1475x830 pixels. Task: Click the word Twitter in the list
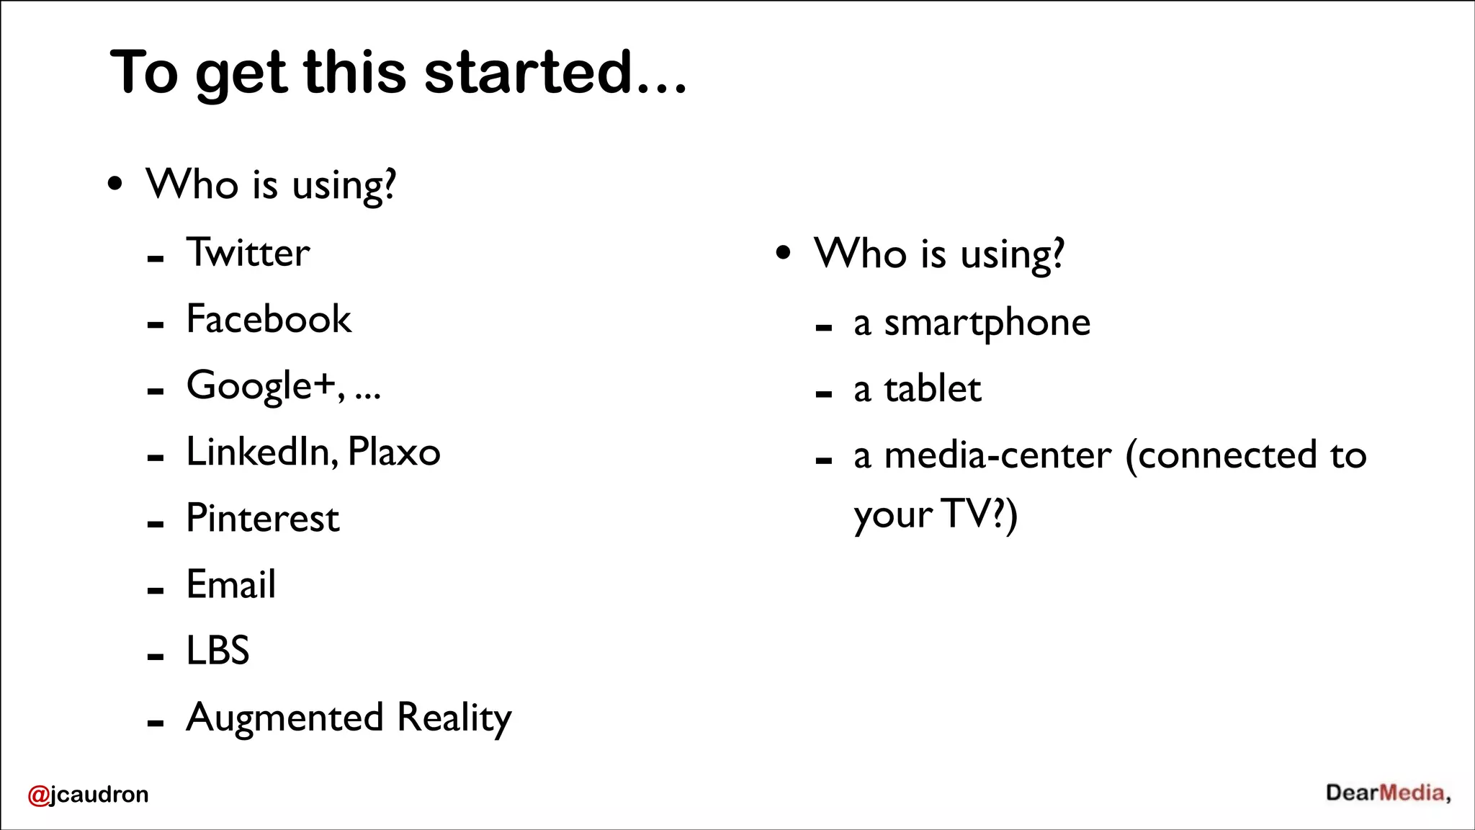click(x=248, y=253)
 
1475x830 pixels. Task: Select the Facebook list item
click(x=269, y=319)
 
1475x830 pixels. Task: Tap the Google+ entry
click(x=261, y=385)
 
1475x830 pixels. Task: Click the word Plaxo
click(x=394, y=452)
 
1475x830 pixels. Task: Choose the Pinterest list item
click(x=262, y=518)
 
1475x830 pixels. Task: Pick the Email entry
click(x=230, y=584)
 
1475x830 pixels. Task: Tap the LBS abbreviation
click(x=218, y=651)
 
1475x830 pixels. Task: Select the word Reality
click(x=454, y=718)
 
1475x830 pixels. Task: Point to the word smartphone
click(x=987, y=323)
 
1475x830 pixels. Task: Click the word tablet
click(x=932, y=390)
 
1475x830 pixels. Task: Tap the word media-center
click(x=997, y=456)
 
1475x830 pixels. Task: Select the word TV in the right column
click(x=966, y=514)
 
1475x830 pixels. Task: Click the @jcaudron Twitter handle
click(x=88, y=794)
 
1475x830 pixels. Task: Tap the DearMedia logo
click(x=1388, y=793)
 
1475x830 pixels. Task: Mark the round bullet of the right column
click(x=784, y=253)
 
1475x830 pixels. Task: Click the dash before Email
click(x=156, y=591)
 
